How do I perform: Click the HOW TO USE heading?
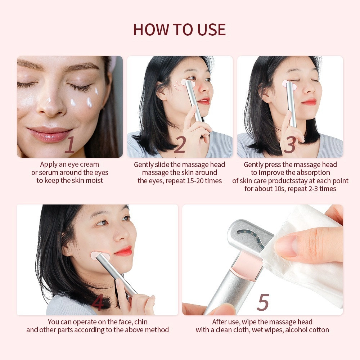pyautogui.click(x=179, y=29)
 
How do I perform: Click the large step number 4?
pyautogui.click(x=98, y=303)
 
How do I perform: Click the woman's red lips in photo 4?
pyautogui.click(x=123, y=251)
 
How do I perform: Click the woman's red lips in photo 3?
pyautogui.click(x=309, y=102)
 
